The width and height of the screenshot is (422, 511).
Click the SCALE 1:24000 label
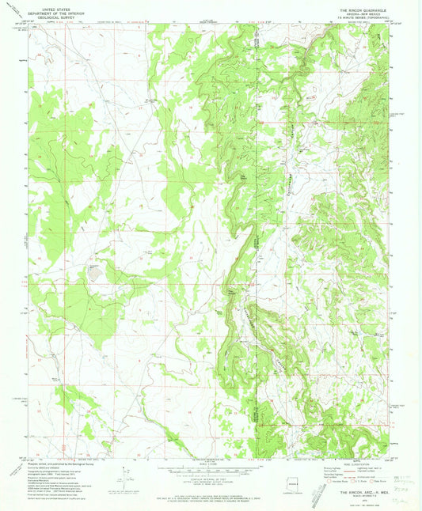(x=211, y=464)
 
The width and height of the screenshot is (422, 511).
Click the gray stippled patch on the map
(x=96, y=274)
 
